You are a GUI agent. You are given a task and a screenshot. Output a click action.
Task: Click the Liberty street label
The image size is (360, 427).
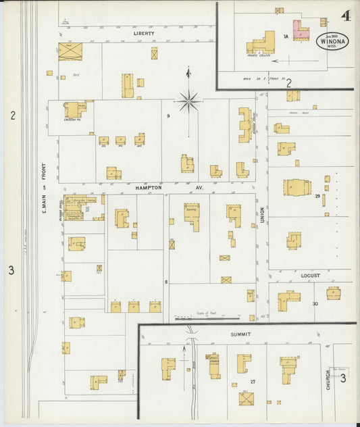(144, 32)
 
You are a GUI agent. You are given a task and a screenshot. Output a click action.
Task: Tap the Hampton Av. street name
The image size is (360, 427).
(159, 188)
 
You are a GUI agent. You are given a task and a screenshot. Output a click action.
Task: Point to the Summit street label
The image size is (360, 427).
(240, 334)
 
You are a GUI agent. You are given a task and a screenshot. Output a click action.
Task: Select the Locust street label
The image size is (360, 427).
(310, 276)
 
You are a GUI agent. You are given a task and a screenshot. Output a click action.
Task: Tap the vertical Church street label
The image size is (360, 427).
(328, 379)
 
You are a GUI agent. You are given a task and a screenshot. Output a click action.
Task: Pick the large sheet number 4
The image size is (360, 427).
(346, 15)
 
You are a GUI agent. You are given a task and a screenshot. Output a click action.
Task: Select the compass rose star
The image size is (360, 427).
(189, 102)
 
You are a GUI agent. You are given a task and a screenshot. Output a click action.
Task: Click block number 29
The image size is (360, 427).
(317, 196)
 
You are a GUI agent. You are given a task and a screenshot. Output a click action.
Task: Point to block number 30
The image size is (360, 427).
(315, 303)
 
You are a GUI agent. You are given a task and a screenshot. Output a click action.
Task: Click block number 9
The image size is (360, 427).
(168, 116)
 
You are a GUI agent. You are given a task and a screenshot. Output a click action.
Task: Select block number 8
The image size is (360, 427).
(165, 280)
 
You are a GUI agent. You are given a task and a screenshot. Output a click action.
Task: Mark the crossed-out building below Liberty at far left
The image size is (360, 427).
(70, 51)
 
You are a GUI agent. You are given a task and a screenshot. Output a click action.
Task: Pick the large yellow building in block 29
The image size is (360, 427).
(297, 187)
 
